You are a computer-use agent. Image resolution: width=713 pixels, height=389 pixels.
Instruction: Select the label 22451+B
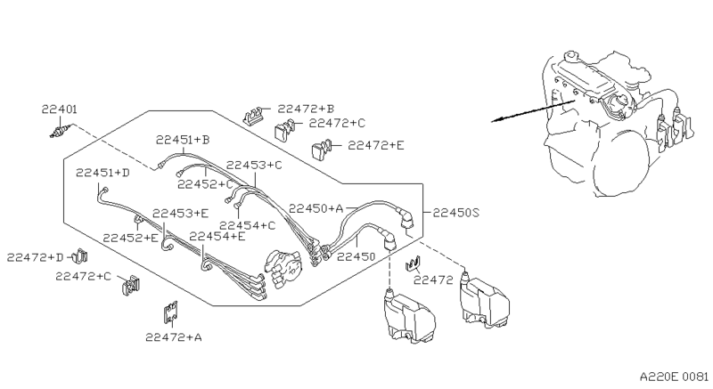pos(182,140)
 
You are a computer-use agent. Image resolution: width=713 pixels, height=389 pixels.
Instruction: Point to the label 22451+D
pos(102,173)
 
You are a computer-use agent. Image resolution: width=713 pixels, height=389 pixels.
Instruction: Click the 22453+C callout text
pos(253,166)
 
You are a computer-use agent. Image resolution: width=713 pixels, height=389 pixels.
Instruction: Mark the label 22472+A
pos(174,337)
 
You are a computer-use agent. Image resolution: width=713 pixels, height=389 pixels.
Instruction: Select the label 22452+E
pos(130,238)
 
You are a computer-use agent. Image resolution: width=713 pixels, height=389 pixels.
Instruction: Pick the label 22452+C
pos(205,184)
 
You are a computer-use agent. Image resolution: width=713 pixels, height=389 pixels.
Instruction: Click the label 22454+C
pos(247,225)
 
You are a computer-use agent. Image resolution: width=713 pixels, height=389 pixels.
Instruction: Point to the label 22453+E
pos(180,214)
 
